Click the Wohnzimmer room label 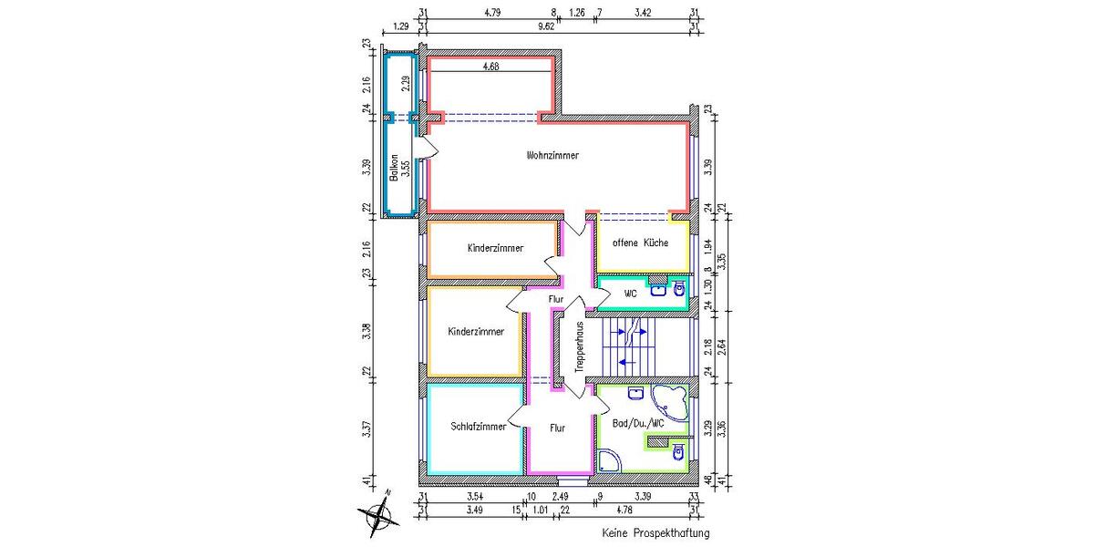(552, 156)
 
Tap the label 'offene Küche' (640, 243)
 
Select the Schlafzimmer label (479, 427)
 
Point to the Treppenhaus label (579, 345)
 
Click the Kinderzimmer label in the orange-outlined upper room (495, 248)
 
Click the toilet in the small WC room (677, 290)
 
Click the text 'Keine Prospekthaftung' (655, 532)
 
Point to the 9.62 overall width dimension (546, 26)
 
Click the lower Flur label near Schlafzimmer (559, 427)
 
